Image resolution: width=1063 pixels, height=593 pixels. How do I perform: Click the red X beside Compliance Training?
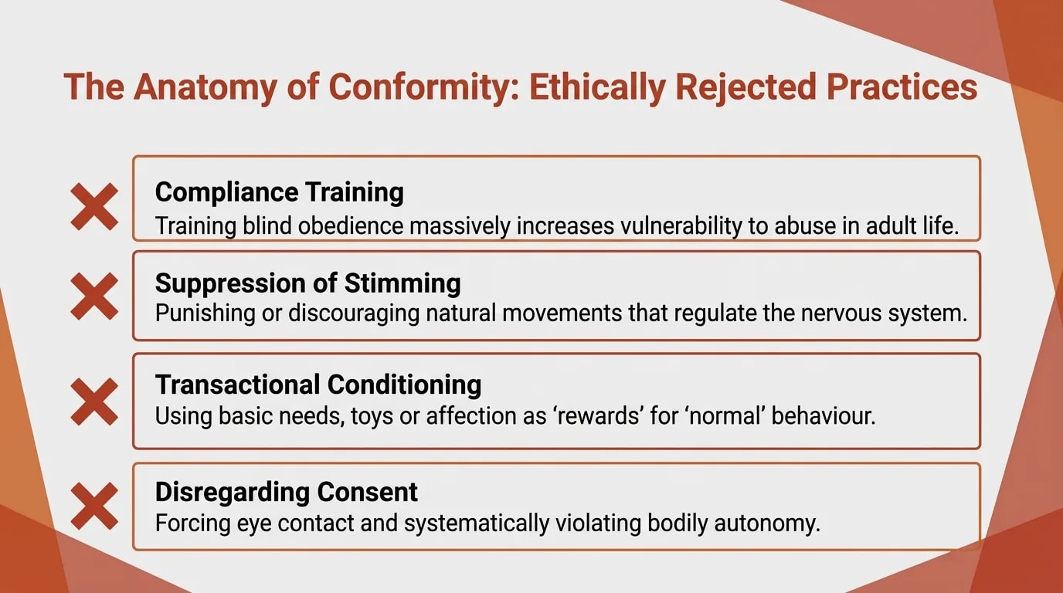tap(94, 206)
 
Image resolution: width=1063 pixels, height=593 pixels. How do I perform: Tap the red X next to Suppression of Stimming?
tap(94, 296)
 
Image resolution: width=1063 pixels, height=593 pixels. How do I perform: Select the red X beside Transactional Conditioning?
tap(94, 402)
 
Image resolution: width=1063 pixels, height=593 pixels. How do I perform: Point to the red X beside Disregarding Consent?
tap(94, 506)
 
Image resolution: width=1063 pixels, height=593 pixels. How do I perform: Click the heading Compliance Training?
tap(279, 191)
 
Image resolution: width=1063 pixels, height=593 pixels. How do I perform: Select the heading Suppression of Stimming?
tap(307, 283)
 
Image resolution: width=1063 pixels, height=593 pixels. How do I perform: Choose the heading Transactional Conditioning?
tap(318, 384)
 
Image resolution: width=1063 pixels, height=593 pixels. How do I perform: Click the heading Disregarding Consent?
tap(286, 491)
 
